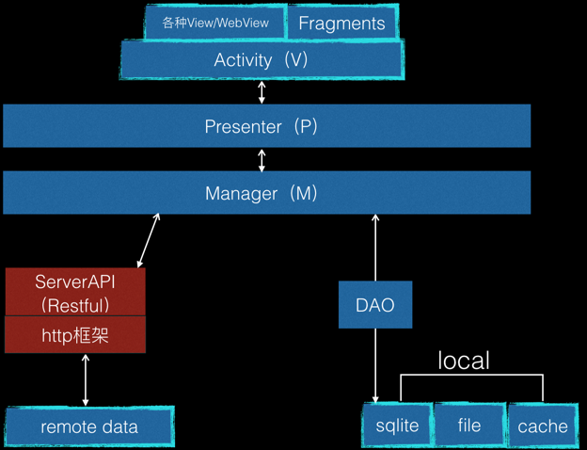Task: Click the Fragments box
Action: pos(341,24)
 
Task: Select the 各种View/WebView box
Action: pos(214,24)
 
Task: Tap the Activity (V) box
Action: pos(262,60)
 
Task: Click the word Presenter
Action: pos(242,126)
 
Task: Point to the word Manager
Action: pos(242,193)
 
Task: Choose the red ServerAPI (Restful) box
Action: pos(75,292)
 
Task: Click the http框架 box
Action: pos(75,335)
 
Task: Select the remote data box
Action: pos(89,427)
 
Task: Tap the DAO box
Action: pos(375,305)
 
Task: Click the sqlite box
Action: pos(397,426)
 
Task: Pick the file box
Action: pos(469,426)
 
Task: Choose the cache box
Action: pos(542,426)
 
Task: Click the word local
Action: pos(464,361)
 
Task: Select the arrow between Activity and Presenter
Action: pos(262,92)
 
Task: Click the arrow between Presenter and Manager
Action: pos(262,159)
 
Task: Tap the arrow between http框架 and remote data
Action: pos(86,380)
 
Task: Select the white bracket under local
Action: pos(472,377)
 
